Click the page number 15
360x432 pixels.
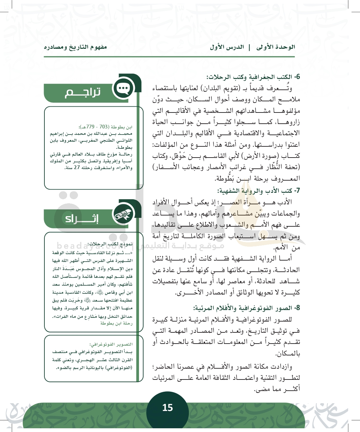tap(167, 408)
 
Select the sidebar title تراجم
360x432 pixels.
tap(83, 92)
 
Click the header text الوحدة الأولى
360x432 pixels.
tap(276, 47)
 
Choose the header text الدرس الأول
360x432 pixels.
tap(227, 47)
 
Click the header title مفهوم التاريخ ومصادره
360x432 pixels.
tap(75, 47)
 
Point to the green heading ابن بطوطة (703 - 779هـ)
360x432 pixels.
tap(106, 127)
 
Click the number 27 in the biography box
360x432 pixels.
tap(78, 168)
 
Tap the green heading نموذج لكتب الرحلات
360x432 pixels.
tap(110, 244)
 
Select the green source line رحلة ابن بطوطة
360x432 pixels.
tap(116, 324)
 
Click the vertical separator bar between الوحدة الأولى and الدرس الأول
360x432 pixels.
tap(249, 47)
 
